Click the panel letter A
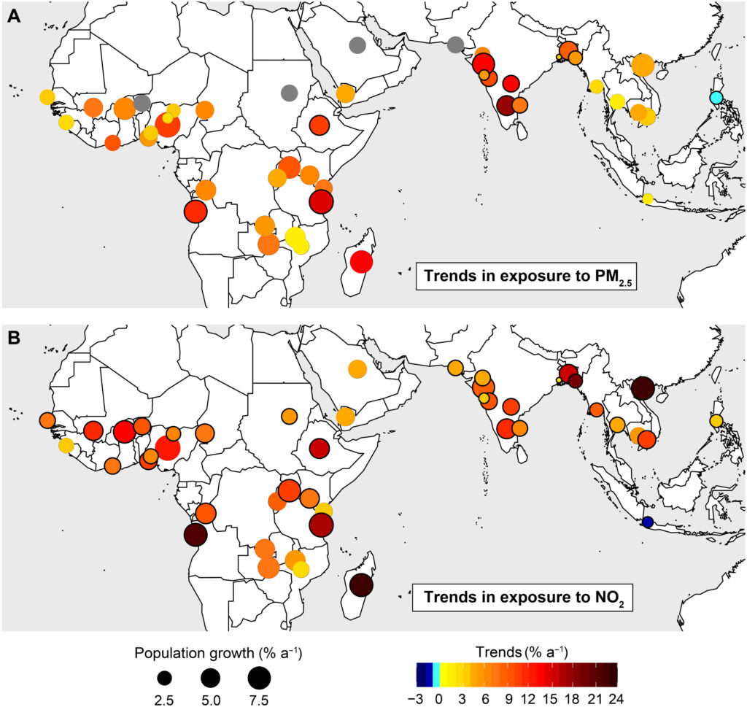(12, 16)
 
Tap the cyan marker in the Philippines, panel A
(716, 98)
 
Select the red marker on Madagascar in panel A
(361, 260)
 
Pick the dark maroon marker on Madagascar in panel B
(361, 584)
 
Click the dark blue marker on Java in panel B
(647, 522)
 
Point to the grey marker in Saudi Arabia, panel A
(357, 45)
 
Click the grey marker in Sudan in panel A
(289, 93)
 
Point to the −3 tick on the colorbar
(415, 696)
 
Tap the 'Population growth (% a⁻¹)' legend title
(210, 652)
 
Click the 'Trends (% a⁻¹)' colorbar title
(515, 651)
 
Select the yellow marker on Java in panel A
(647, 198)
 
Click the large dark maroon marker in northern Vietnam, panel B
(643, 387)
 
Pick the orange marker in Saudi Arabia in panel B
(357, 368)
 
